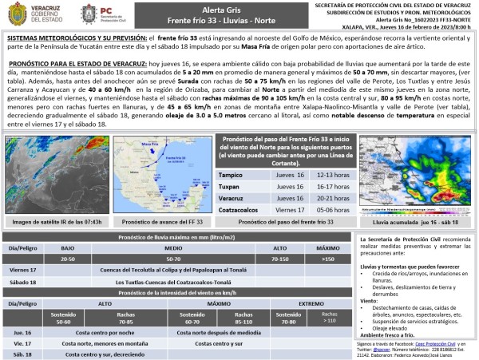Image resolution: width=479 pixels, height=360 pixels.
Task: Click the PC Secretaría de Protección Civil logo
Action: [100, 14]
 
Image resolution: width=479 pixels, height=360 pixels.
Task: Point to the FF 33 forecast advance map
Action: [162, 175]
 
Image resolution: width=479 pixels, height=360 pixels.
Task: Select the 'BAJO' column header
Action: [68, 248]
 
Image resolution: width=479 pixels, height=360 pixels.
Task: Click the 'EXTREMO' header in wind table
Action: [312, 303]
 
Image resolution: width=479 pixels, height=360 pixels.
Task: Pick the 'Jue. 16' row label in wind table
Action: [23, 330]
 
